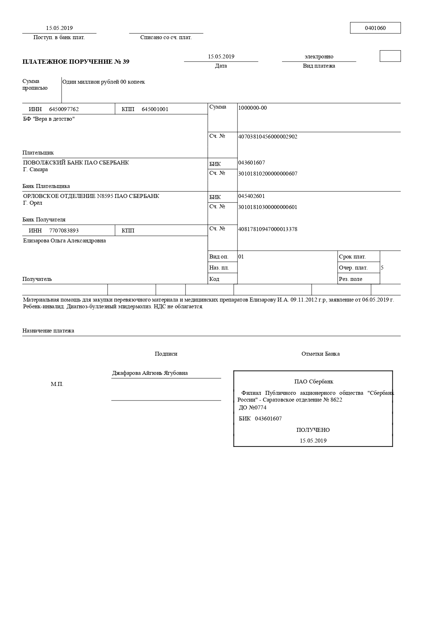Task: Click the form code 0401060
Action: tap(375, 28)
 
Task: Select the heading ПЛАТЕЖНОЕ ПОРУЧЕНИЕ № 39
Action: tap(76, 62)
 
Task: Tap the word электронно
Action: tap(319, 57)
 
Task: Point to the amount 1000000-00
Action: tap(252, 108)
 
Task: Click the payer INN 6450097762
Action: tap(64, 109)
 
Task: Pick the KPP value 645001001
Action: tap(155, 109)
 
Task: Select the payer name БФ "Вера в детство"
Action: tap(49, 119)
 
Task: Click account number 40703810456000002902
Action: tap(267, 137)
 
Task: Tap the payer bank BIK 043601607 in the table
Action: tap(251, 163)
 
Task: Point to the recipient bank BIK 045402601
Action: tap(251, 196)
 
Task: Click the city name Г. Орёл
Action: tap(33, 203)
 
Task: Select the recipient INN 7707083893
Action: tap(64, 231)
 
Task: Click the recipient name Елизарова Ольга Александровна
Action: tap(64, 241)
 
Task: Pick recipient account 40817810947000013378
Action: tap(267, 229)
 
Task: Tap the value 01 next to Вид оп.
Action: tap(241, 257)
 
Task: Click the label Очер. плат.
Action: tap(353, 268)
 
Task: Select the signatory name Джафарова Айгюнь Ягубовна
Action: tap(150, 373)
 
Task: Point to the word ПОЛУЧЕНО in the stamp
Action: tap(313, 430)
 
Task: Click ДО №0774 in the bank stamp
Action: tap(252, 408)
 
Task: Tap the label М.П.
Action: tap(57, 384)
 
